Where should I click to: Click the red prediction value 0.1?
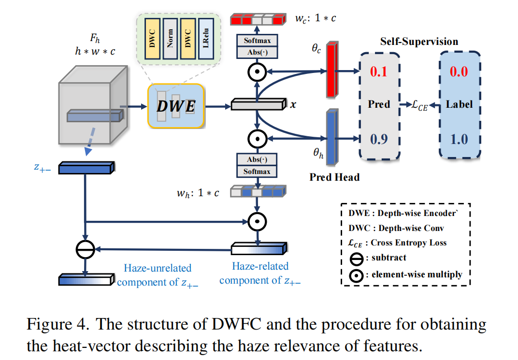click(x=378, y=72)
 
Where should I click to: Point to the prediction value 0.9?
click(x=378, y=139)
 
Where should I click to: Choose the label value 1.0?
click(x=459, y=139)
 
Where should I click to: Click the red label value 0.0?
click(x=459, y=72)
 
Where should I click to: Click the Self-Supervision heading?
click(x=418, y=42)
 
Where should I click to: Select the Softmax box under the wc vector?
click(x=257, y=42)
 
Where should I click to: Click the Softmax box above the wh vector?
click(x=257, y=172)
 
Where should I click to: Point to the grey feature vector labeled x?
click(x=259, y=104)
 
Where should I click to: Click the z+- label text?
click(x=44, y=167)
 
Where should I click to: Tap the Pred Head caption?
click(x=334, y=177)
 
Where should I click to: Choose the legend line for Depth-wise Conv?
click(x=396, y=228)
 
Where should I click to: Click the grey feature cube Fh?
click(x=92, y=108)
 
